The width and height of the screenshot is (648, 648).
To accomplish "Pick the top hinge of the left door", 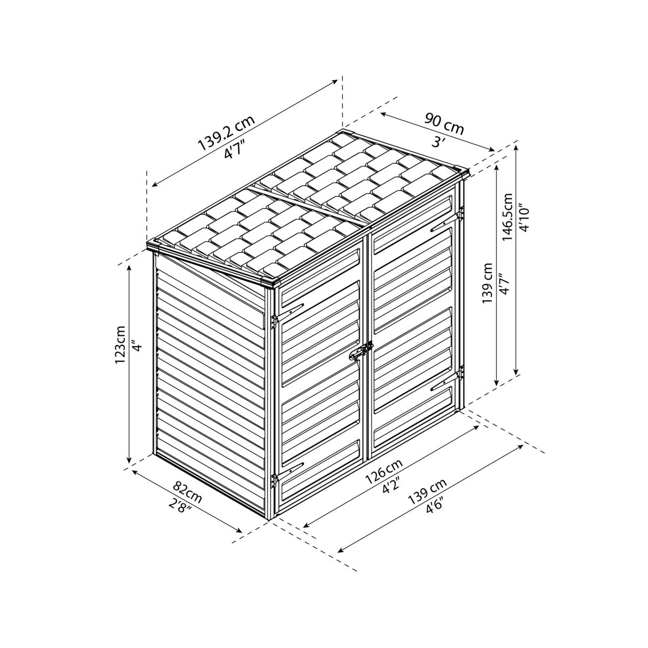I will coord(274,320).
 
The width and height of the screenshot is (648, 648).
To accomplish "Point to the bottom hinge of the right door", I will coord(461,373).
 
